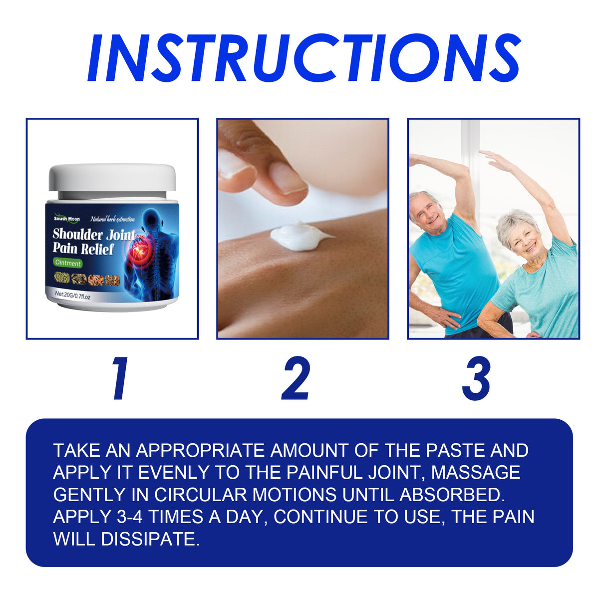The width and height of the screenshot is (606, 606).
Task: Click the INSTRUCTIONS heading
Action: point(303,58)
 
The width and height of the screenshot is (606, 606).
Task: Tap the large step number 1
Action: point(120,379)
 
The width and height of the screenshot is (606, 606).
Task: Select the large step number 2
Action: point(296,379)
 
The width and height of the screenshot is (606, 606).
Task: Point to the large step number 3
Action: point(476,379)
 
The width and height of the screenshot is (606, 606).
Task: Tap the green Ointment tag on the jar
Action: point(68,263)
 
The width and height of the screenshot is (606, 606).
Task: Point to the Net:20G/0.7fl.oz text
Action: point(73,296)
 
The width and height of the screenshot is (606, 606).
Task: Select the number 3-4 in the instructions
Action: point(130,517)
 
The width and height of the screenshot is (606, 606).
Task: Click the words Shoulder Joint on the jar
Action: point(94,234)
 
